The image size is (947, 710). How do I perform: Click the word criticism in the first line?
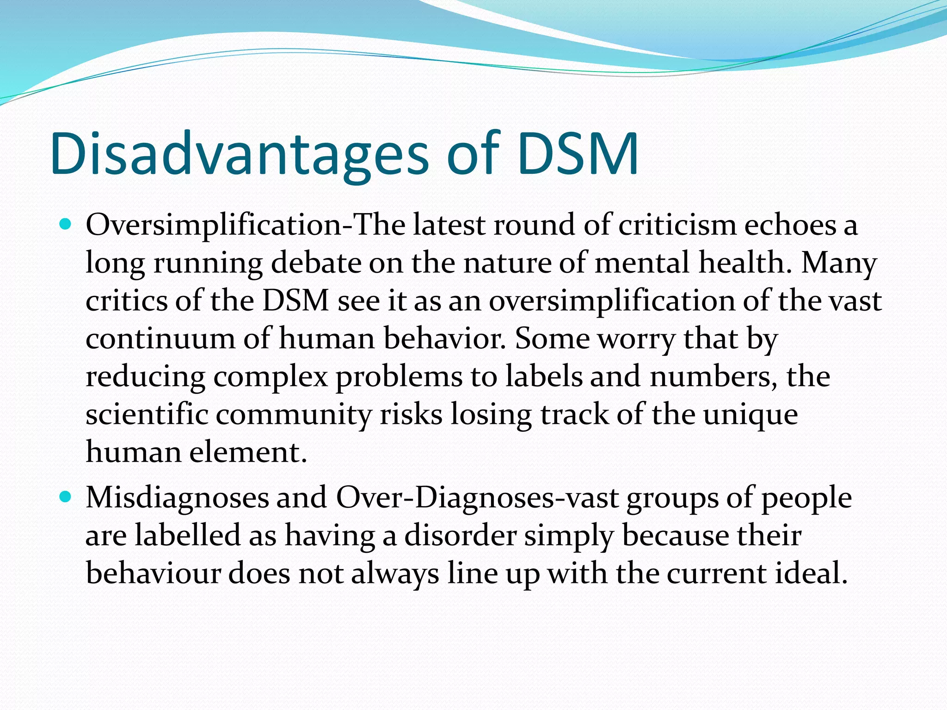click(x=677, y=226)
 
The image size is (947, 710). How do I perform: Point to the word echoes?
click(x=790, y=226)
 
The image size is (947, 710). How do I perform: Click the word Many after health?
click(x=838, y=263)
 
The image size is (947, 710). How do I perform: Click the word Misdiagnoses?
click(x=177, y=499)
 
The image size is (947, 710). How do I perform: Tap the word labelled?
click(x=188, y=536)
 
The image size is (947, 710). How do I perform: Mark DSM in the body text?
click(x=295, y=301)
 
